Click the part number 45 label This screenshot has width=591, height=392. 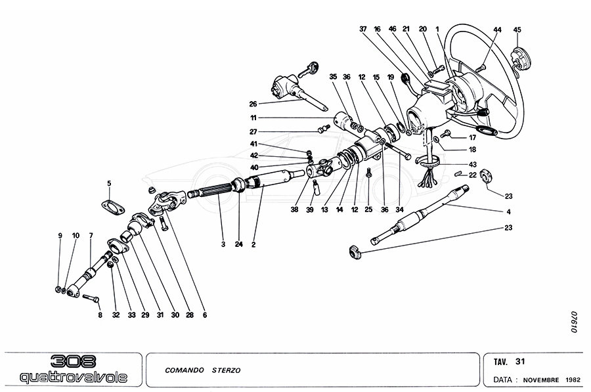(x=517, y=30)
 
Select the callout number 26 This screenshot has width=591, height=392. (x=253, y=104)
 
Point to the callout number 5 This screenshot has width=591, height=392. (x=109, y=183)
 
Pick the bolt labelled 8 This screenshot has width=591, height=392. (x=91, y=299)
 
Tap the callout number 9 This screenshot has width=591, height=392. (x=59, y=235)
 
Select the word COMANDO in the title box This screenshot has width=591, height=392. (x=185, y=370)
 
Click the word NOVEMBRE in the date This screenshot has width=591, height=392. (x=540, y=380)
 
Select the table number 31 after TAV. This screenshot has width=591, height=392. (x=520, y=361)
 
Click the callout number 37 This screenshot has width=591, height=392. (x=362, y=30)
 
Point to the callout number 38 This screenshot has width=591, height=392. (x=295, y=210)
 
